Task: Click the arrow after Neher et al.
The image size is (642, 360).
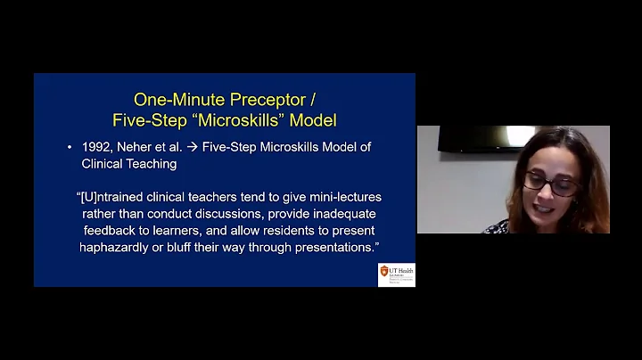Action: [x=192, y=147]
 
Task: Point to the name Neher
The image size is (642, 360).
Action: [x=137, y=147]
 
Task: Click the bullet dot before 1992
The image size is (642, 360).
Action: [x=70, y=147]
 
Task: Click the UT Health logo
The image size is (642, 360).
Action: [x=396, y=274]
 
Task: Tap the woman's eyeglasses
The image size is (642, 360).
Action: [x=550, y=184]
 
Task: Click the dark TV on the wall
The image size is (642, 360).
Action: [x=479, y=139]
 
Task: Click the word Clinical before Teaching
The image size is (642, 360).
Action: [x=105, y=164]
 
